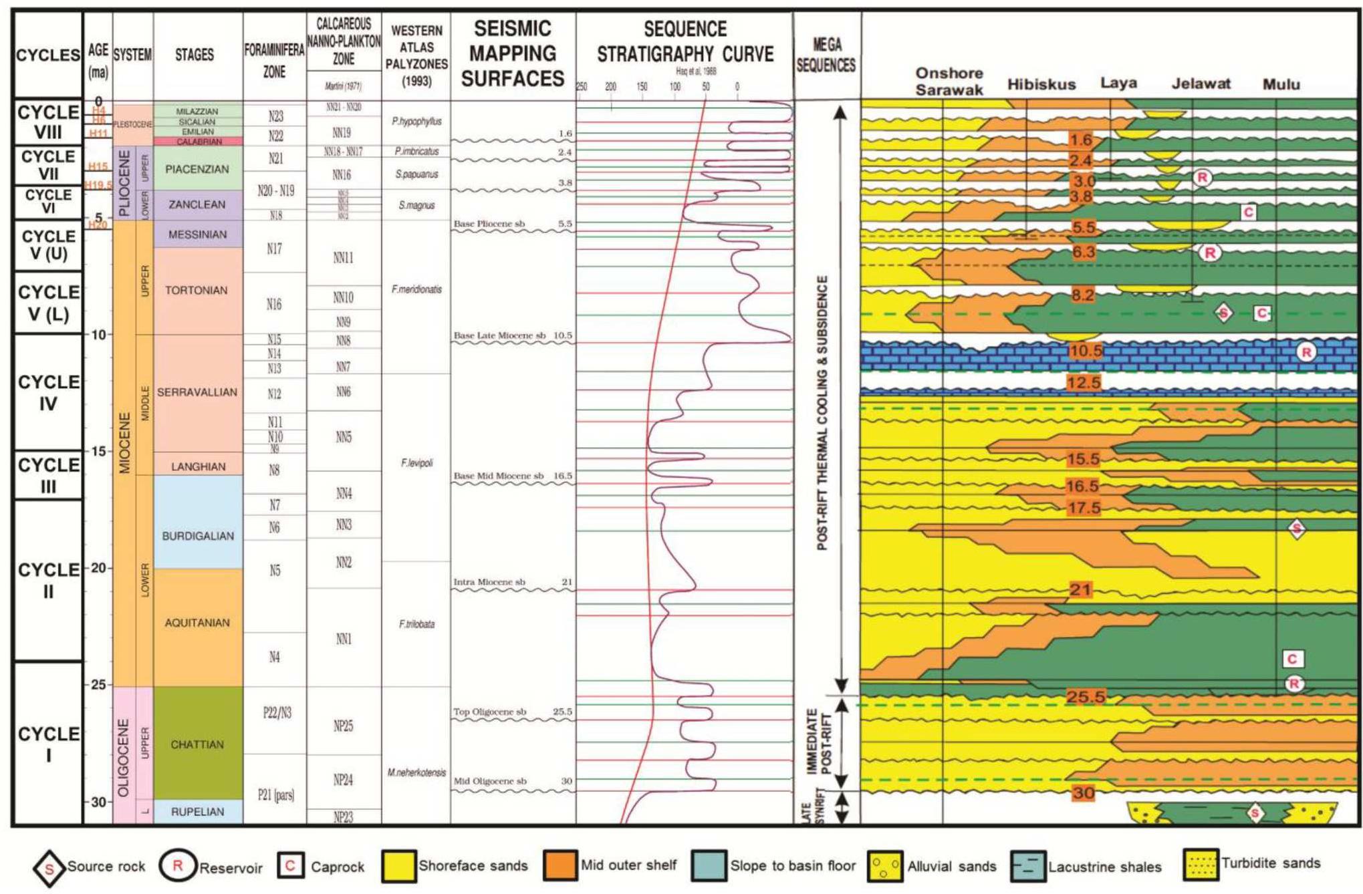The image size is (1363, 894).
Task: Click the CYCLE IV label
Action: point(47,392)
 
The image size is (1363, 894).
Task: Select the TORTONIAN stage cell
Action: point(197,290)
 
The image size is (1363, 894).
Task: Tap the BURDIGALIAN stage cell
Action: point(198,536)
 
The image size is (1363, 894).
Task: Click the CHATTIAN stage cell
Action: point(197,744)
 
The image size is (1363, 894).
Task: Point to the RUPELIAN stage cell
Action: point(198,812)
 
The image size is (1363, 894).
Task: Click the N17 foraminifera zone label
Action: point(274,249)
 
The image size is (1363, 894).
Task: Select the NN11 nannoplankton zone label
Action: point(343,257)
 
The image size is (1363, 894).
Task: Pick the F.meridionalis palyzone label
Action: point(416,289)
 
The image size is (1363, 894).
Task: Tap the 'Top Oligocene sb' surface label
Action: point(490,712)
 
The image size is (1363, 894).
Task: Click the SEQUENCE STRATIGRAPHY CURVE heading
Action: point(685,41)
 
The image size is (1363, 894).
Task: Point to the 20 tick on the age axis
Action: point(98,568)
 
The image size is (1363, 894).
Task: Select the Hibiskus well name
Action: point(1041,85)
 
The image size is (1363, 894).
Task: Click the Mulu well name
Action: point(1281,85)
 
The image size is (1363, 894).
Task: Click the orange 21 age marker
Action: point(1080,589)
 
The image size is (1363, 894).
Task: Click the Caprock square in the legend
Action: point(291,866)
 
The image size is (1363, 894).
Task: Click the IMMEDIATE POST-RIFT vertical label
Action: point(819,742)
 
